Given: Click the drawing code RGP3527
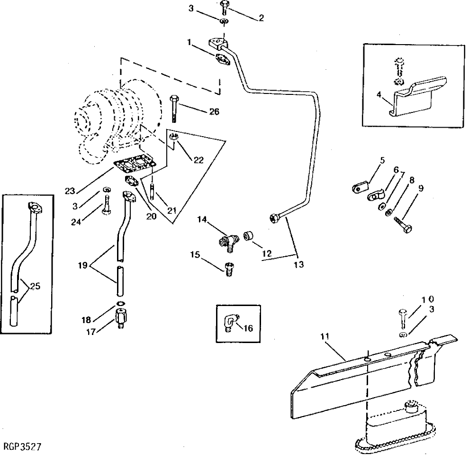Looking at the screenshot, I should [x=22, y=446].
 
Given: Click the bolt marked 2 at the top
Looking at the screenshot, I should [x=224, y=8].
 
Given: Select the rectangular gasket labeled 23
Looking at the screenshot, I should [x=134, y=163].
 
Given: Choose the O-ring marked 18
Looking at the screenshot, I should [x=120, y=304].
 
